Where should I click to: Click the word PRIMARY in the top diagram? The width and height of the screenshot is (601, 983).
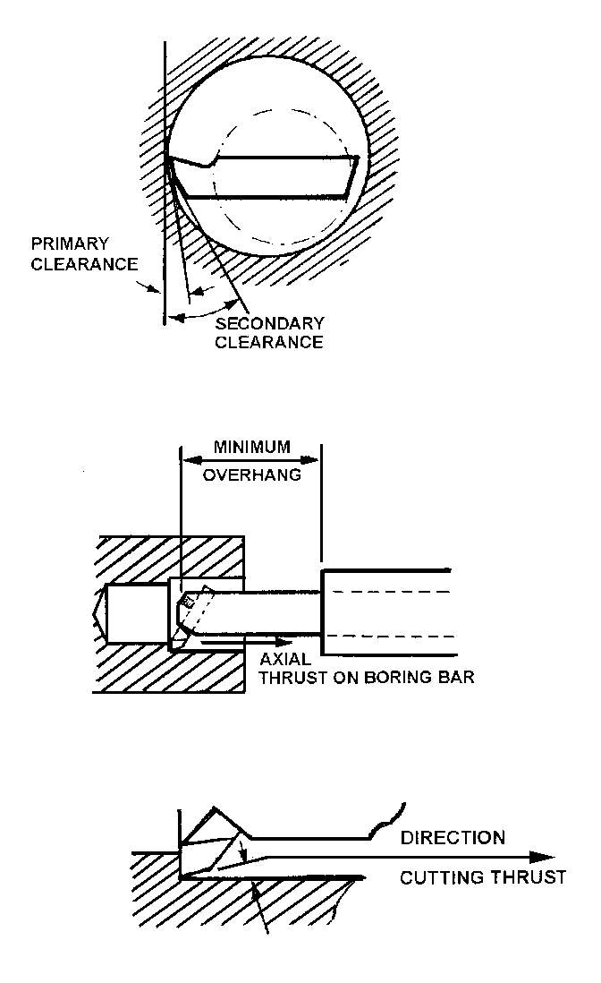coord(70,244)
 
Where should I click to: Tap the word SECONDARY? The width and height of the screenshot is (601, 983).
coord(269,322)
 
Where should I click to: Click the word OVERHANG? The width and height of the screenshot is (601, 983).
coord(251,475)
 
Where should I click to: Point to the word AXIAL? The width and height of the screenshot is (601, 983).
coord(284,659)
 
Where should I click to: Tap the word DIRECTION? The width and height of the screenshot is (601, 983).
coord(453,838)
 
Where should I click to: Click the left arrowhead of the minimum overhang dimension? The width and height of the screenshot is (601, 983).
coord(188,460)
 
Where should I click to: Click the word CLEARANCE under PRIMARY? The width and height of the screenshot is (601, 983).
coord(84,264)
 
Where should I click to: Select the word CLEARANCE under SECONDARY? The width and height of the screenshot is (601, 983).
coord(269,342)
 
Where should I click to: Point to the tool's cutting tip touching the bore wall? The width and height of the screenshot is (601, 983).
coord(167,158)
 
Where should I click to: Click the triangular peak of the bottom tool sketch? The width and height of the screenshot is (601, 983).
coord(215,808)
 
